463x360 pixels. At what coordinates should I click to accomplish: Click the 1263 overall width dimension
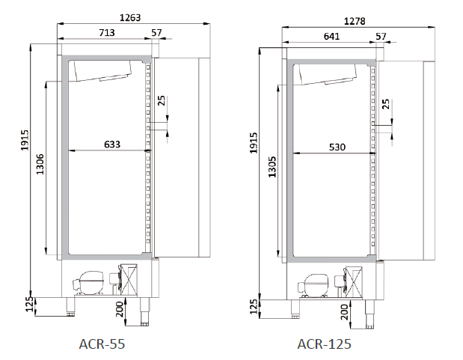point(130,18)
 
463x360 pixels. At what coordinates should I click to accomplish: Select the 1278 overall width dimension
point(355,21)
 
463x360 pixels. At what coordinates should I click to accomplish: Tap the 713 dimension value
point(107,32)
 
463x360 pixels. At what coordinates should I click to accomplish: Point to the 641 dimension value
point(331,36)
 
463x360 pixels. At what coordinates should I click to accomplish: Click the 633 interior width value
point(112,144)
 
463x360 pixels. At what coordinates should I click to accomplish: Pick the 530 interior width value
point(337,147)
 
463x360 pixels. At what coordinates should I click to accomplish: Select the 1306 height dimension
point(40,164)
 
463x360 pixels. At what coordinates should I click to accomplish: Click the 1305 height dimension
point(272,167)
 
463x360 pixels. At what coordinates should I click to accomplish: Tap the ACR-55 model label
point(102,344)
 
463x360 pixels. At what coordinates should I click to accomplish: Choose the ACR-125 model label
point(324,344)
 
